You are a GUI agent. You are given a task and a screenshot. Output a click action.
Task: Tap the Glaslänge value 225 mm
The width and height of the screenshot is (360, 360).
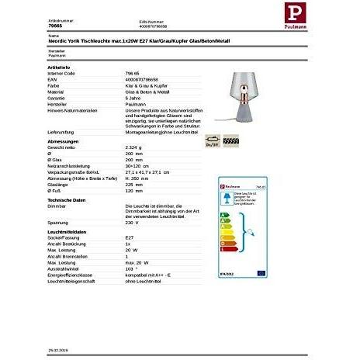coord(133,184)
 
